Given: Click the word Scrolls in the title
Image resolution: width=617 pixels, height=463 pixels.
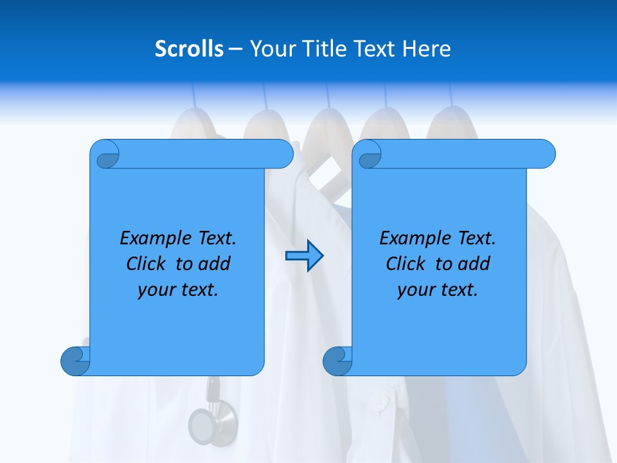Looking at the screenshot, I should pos(189,49).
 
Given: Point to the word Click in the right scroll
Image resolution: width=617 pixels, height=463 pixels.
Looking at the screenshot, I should pos(406,264).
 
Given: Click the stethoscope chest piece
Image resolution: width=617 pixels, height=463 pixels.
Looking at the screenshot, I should pos(204,424).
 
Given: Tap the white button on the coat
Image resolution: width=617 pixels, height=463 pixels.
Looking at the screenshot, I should pos(381,403).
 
